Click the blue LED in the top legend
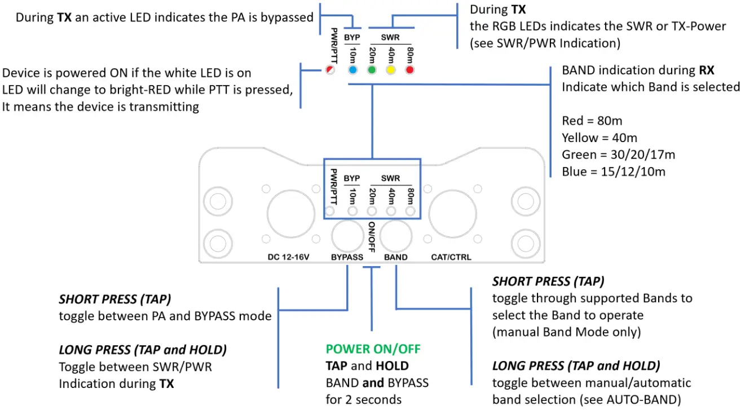(352, 70)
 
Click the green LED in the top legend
(372, 70)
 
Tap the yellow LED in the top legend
(391, 70)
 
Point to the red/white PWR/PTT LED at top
(330, 70)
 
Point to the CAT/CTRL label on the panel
(451, 257)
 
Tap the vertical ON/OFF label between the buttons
(372, 236)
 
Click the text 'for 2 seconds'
(364, 399)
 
